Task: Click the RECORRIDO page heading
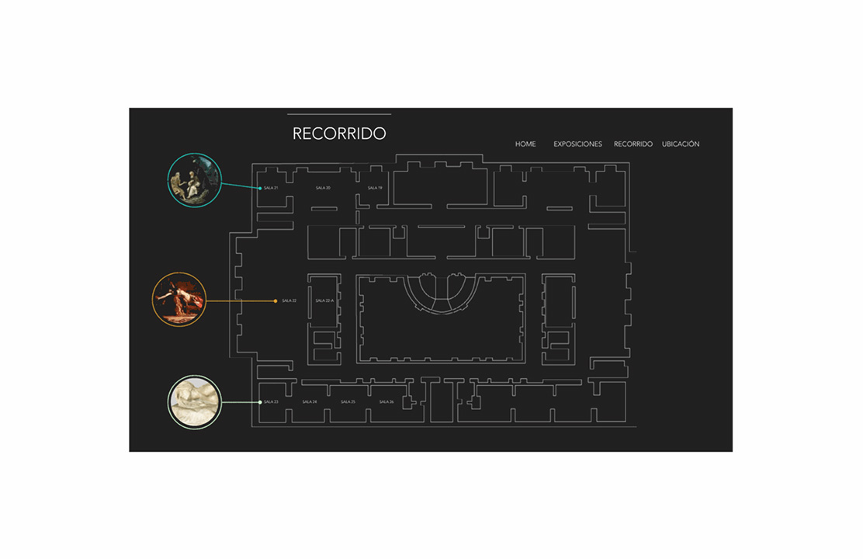[339, 134]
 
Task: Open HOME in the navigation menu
[525, 144]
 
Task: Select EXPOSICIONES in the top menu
[577, 144]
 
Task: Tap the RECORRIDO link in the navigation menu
[633, 144]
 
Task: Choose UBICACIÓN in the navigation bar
[681, 144]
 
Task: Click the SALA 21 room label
[271, 188]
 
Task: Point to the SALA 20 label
[323, 188]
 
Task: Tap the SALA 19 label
[375, 188]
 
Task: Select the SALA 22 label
[289, 300]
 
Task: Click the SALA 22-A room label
[324, 300]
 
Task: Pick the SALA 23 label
[271, 402]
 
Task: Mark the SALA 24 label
[310, 402]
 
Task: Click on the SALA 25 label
[348, 402]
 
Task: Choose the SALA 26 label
[386, 402]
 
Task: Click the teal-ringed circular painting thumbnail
[195, 179]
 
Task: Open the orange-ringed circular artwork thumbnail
[179, 300]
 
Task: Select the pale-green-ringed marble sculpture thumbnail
[195, 402]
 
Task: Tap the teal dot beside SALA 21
[260, 188]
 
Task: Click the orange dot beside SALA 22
[276, 300]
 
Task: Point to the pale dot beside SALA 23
[260, 402]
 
